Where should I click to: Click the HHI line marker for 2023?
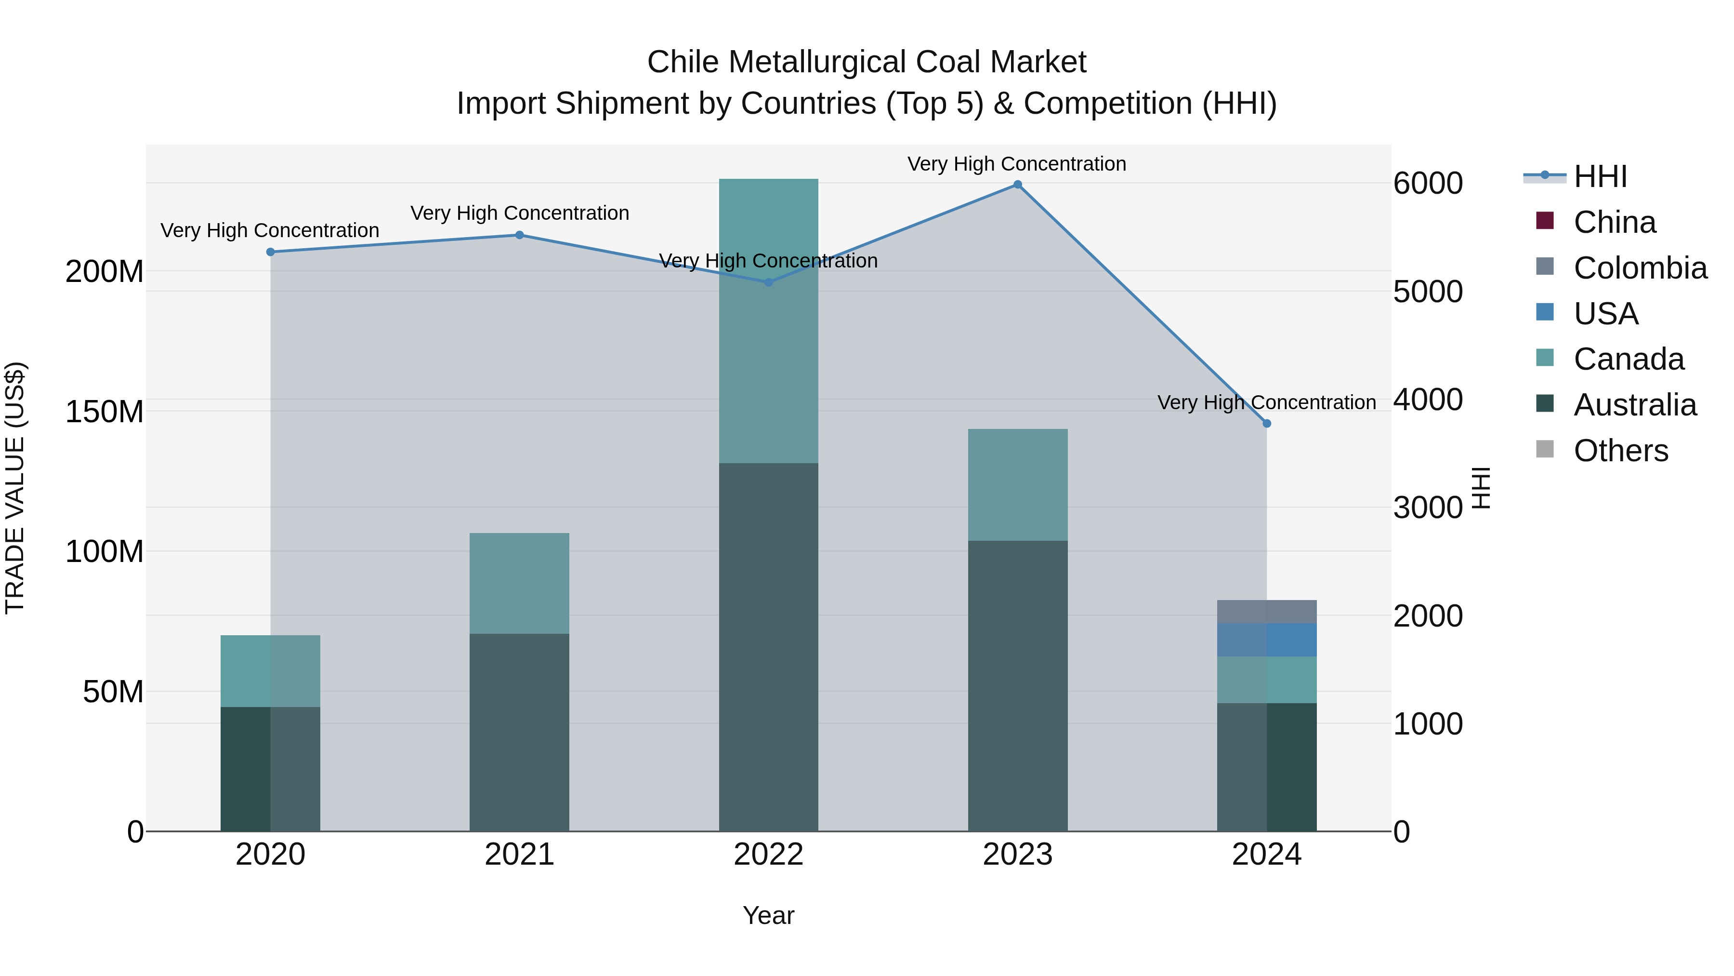click(x=1017, y=185)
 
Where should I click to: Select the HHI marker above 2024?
click(x=1266, y=424)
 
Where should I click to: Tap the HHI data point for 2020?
click(x=271, y=252)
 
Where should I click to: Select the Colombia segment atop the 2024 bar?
click(x=1266, y=612)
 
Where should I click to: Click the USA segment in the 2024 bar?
click(x=1266, y=640)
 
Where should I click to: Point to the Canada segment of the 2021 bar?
click(x=519, y=583)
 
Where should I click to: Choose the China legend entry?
click(x=1614, y=222)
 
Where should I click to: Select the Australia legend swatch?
click(x=1545, y=404)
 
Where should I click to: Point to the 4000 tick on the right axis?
click(x=1428, y=400)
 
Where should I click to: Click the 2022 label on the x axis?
click(x=768, y=855)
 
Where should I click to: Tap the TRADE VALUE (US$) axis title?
click(x=15, y=488)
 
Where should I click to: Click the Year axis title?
click(x=768, y=915)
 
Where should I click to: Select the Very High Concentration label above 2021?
click(x=519, y=213)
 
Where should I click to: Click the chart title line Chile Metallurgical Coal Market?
click(x=867, y=62)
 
